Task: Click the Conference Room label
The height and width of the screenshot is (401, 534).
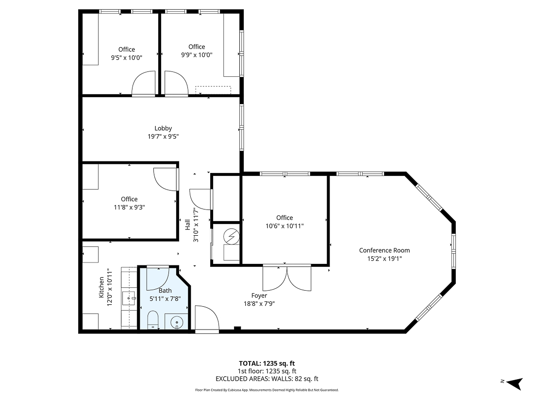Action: (x=384, y=250)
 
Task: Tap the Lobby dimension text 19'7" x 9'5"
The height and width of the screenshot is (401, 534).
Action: (x=163, y=137)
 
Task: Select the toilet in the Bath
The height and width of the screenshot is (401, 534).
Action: (x=152, y=321)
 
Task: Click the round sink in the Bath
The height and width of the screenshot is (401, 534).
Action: (x=178, y=322)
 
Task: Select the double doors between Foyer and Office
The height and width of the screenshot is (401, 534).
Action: (x=287, y=278)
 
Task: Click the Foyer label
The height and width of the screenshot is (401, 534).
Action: (x=259, y=296)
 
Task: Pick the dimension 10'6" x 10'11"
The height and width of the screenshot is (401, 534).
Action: (x=284, y=226)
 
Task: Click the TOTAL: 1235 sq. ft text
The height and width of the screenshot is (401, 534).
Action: (x=267, y=363)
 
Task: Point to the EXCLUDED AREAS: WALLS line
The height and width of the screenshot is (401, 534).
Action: (x=267, y=379)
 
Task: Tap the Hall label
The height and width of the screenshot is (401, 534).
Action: (x=187, y=225)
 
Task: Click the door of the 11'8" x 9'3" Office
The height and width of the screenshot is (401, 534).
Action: (x=166, y=179)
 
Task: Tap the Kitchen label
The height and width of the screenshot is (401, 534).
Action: (x=101, y=287)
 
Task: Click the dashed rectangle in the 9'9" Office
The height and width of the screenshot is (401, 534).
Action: (x=213, y=90)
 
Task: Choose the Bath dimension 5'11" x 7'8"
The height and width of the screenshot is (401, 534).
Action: (x=165, y=298)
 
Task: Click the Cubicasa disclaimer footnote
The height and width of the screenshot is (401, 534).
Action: (x=267, y=390)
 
